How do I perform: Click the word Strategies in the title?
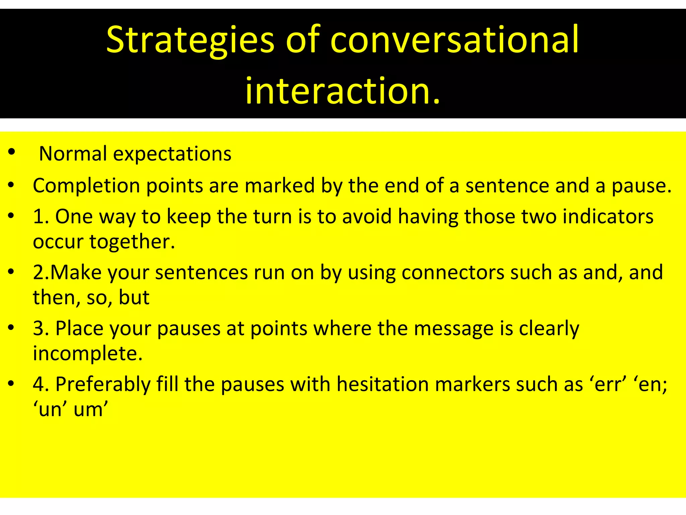[190, 40]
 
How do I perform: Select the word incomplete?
[88, 354]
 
